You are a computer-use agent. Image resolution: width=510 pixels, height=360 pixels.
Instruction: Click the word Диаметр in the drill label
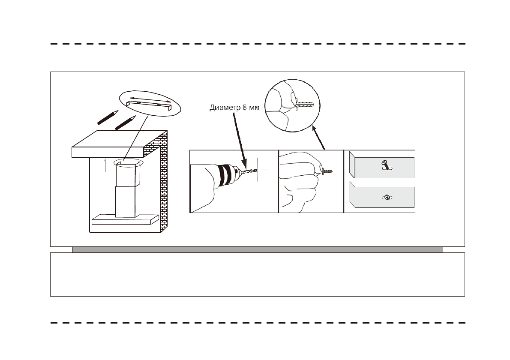coord(224,108)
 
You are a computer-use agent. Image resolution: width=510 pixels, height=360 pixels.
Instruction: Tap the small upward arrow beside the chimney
coord(105,165)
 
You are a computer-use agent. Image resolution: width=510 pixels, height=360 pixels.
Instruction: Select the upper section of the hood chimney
coord(127,176)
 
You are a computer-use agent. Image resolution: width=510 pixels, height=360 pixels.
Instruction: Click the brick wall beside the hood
coord(163,180)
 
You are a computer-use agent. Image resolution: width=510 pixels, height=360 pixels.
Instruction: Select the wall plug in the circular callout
coord(305,105)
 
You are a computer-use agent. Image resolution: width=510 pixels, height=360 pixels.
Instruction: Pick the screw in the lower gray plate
coord(387,197)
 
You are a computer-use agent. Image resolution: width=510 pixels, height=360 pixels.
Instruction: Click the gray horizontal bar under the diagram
coord(257,249)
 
